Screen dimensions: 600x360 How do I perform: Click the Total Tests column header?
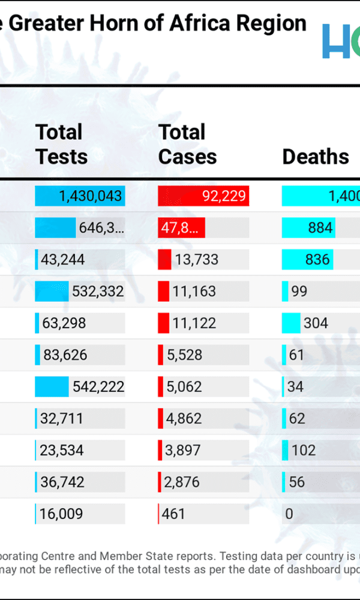pos(61,144)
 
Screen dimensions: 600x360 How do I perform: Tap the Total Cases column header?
pos(187,144)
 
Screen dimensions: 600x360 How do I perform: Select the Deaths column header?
pos(316,157)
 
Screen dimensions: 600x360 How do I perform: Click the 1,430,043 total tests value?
pos(90,196)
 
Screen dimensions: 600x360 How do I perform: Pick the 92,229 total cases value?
pos(224,196)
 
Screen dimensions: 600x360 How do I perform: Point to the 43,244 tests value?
pos(62,260)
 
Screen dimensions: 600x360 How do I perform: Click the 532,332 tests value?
pos(98,292)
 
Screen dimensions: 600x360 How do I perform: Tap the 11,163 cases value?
pos(194,292)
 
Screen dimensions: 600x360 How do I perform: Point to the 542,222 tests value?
pos(98,387)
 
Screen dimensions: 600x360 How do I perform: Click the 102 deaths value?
pos(303,451)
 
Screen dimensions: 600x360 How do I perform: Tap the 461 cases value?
pos(173,514)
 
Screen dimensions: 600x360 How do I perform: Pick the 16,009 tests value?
pos(61,514)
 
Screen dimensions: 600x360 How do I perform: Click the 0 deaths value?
pos(289,514)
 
